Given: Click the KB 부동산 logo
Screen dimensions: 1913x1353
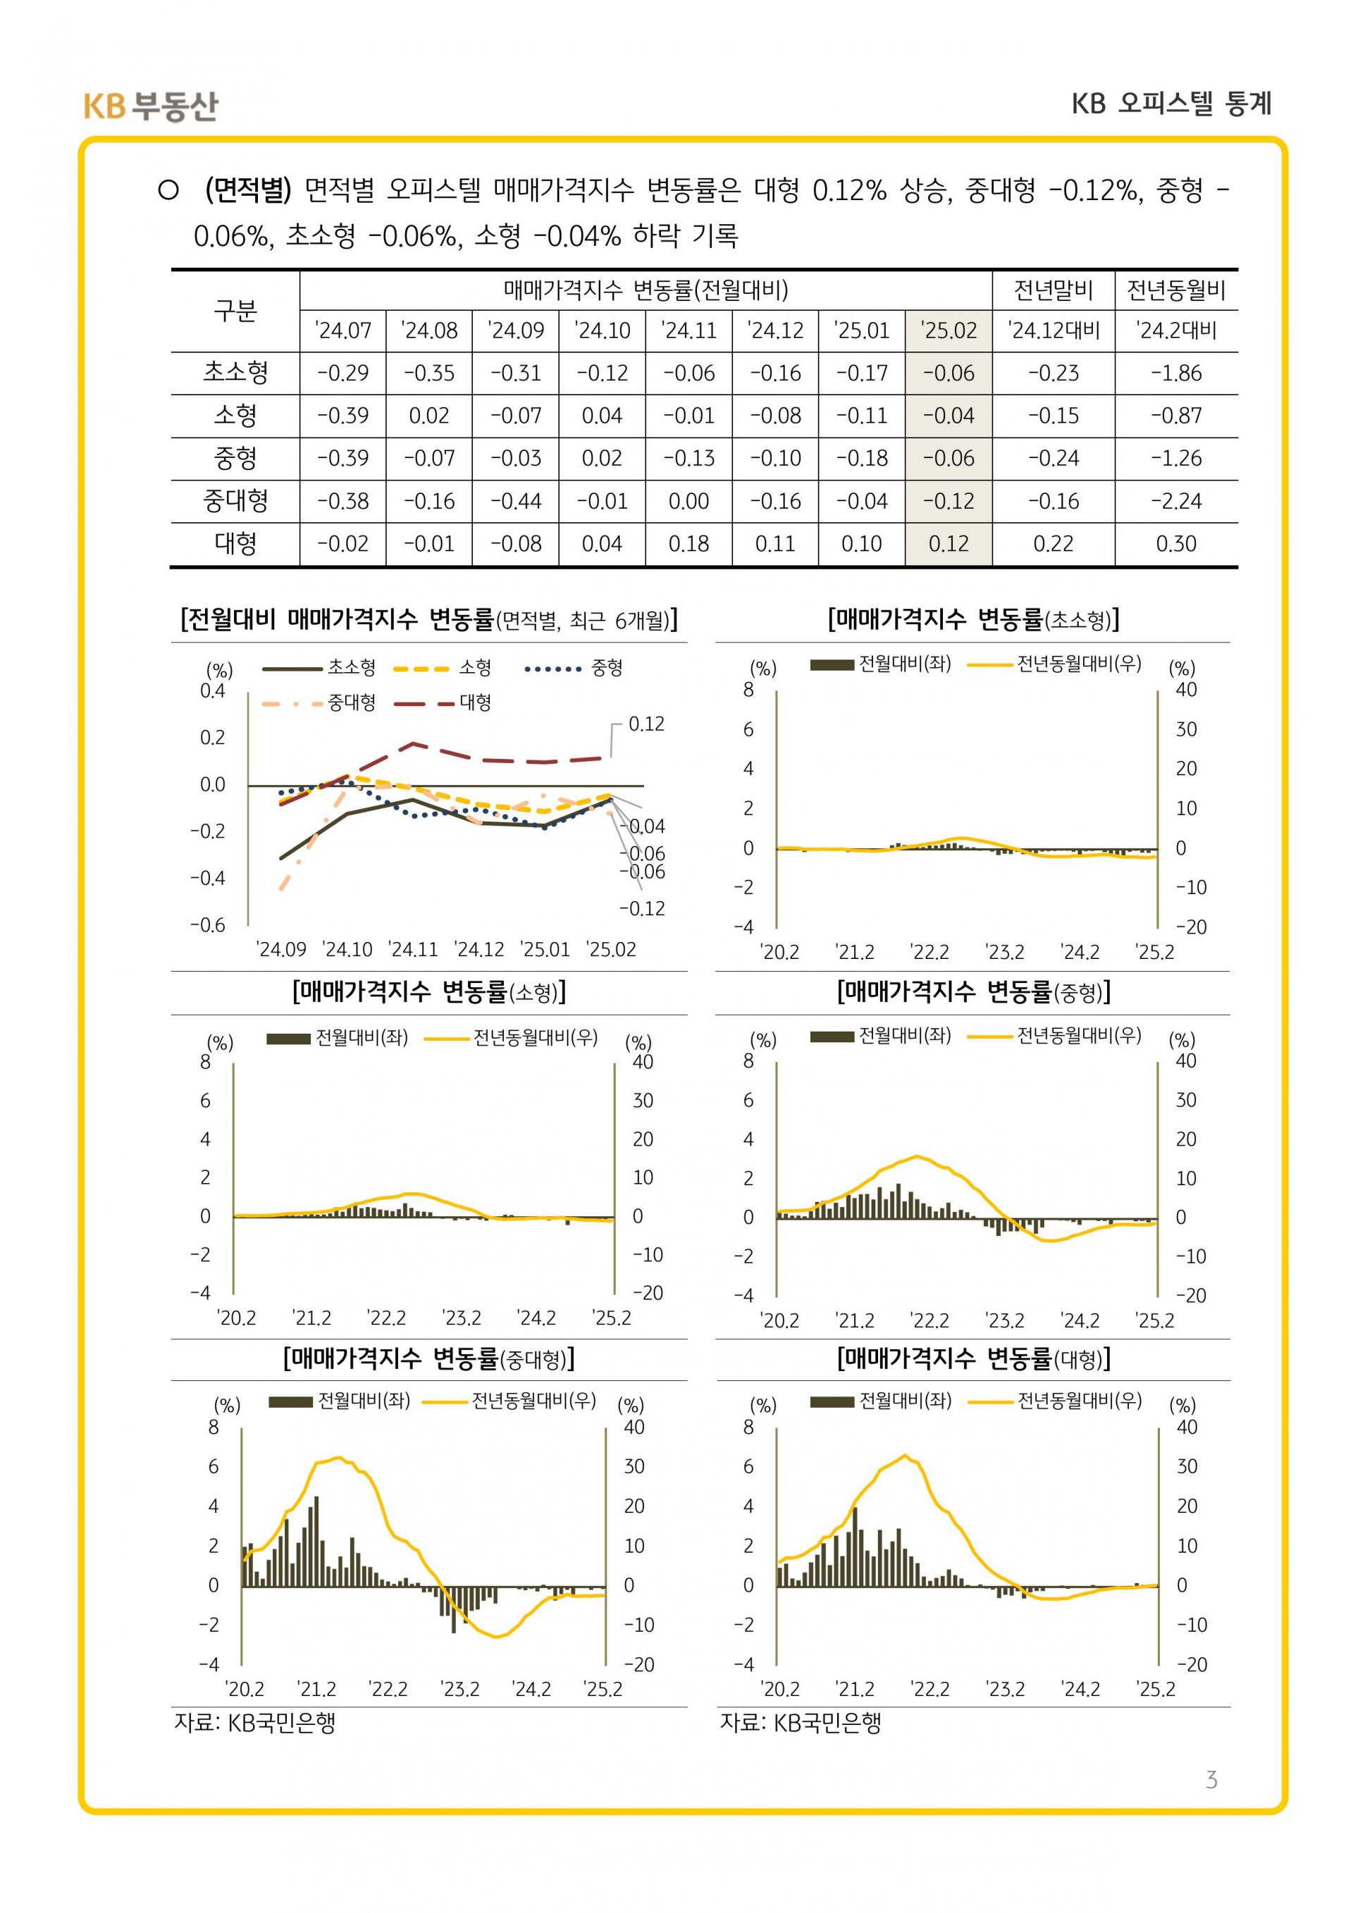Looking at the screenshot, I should click(151, 106).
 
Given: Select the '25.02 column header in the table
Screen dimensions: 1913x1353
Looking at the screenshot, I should click(948, 330).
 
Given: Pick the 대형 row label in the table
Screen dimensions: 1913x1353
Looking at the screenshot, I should click(236, 544).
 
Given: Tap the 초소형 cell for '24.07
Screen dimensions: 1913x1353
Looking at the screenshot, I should click(342, 373).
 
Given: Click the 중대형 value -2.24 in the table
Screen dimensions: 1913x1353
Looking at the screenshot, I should click(1175, 502).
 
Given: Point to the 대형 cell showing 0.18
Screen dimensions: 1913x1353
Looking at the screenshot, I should click(688, 544).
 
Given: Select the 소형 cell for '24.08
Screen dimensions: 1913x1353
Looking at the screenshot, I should click(429, 416).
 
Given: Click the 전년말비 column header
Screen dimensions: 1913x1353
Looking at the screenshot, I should click(1053, 290).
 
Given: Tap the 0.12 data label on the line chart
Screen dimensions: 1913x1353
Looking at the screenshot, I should click(645, 724).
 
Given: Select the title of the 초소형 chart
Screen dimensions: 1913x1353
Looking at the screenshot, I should click(973, 619).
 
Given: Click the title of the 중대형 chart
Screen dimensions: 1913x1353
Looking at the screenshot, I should click(429, 1360).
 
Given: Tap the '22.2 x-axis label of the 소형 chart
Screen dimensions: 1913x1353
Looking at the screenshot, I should click(387, 1318).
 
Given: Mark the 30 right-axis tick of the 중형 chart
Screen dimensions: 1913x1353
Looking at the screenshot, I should click(1185, 1100).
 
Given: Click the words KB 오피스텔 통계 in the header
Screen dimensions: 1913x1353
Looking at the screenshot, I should click(1171, 104).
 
